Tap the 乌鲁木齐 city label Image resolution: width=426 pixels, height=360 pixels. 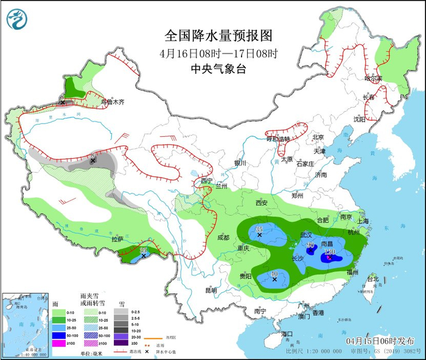[x=113, y=102]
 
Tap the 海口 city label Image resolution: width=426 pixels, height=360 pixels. [x=287, y=334]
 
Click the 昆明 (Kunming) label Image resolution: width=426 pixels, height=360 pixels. [x=211, y=290]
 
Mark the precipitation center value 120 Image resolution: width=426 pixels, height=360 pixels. [x=330, y=252]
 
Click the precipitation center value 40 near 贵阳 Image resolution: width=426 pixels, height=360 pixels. [x=274, y=274]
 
